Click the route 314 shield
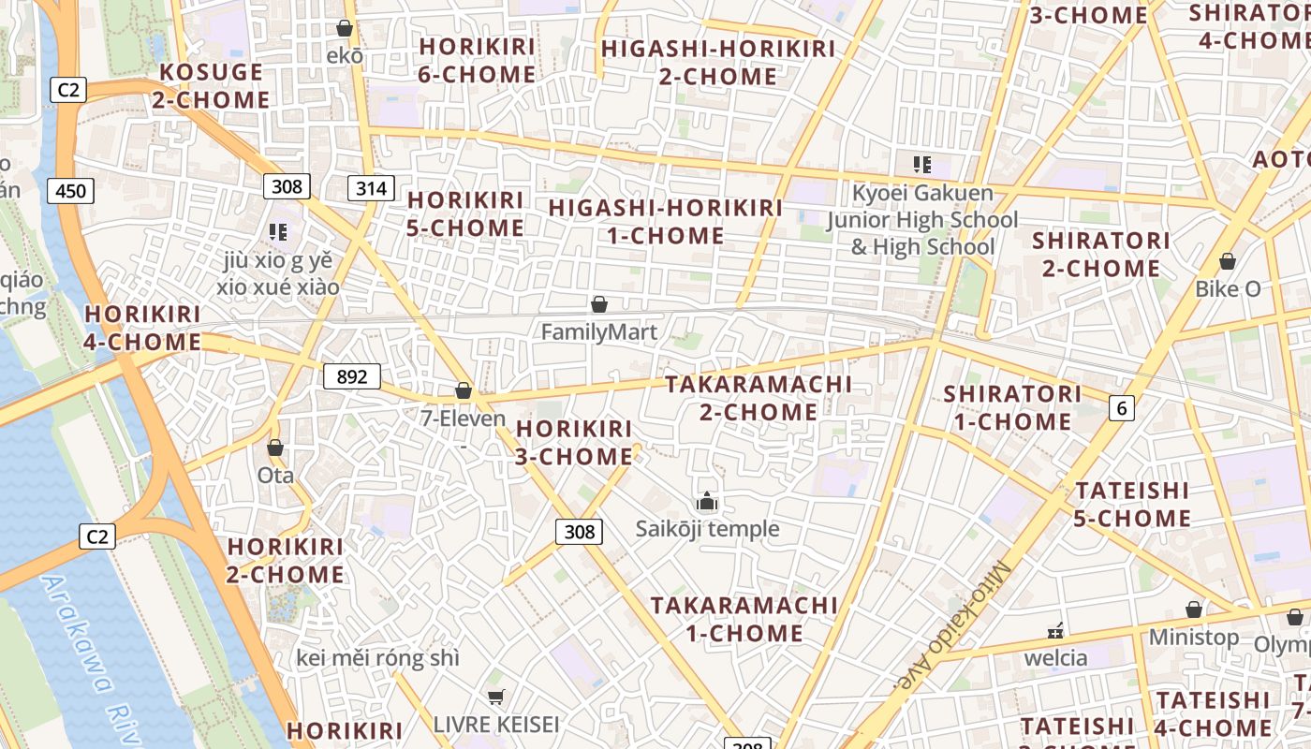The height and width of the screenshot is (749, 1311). pos(371,188)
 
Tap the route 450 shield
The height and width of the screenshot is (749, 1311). pos(70,192)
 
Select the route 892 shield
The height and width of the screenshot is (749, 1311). pos(352,377)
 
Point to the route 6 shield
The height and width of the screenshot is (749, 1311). pos(1121,407)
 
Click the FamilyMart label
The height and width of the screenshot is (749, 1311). pos(599,331)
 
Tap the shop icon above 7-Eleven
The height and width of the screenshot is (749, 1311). pos(463,390)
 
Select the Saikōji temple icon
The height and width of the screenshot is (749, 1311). pos(707,503)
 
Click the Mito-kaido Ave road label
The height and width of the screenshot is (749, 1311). pos(950,626)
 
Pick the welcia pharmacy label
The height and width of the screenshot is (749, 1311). pos(1056,657)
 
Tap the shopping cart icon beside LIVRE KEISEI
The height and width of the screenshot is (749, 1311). pos(495,697)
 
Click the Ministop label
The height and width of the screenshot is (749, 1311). pos(1194,638)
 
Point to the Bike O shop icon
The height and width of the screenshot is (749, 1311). pos(1227,262)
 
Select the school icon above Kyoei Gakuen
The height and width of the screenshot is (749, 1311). pos(922,166)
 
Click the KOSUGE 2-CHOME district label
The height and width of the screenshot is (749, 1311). pos(211,86)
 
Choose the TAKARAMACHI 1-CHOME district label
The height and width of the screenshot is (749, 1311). pos(744,619)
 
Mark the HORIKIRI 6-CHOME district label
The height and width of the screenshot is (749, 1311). pos(477,60)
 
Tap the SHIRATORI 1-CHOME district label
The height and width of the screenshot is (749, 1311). pos(1007,407)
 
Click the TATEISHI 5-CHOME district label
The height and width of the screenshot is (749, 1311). pos(1132,504)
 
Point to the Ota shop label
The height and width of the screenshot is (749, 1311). pos(275,476)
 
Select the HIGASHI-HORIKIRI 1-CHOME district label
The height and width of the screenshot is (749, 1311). pos(665,222)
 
